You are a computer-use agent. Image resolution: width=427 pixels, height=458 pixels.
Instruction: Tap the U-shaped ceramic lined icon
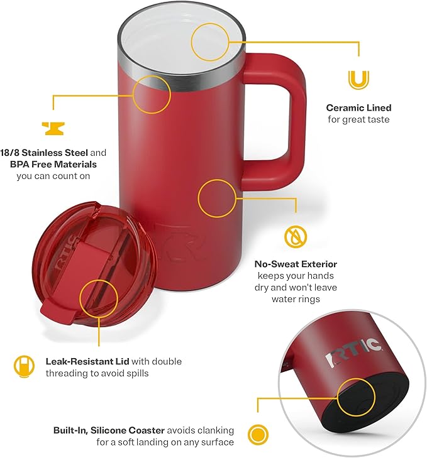click(x=358, y=80)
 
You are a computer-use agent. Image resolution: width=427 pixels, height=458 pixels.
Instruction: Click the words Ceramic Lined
click(x=358, y=108)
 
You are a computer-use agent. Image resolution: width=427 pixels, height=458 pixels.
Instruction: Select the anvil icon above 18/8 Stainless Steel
click(x=53, y=128)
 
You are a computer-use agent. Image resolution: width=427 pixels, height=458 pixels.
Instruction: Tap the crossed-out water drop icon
click(x=294, y=236)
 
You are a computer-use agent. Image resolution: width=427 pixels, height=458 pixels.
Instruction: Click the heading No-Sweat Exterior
click(x=296, y=264)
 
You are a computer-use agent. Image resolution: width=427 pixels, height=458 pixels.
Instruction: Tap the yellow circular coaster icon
click(x=256, y=434)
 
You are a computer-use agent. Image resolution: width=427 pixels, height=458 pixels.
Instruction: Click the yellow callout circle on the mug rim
click(x=152, y=94)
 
